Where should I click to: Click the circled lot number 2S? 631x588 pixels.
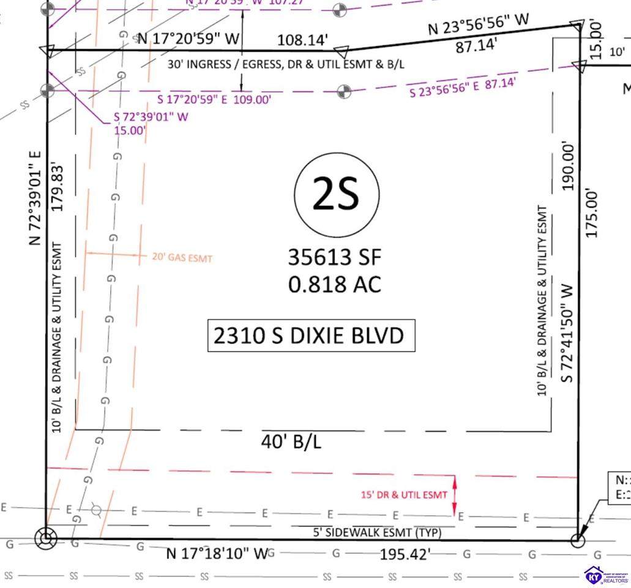coord(335,195)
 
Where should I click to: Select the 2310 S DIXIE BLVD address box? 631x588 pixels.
coord(311,336)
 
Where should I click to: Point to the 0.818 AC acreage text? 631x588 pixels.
coord(335,284)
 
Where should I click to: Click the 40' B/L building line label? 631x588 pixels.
coord(291,442)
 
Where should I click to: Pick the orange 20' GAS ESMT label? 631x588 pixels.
coord(182,258)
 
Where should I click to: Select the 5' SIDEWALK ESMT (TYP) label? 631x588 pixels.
coord(377,533)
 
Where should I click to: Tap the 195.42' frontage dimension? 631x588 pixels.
coord(405,554)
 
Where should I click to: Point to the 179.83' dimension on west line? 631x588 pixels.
coord(58,187)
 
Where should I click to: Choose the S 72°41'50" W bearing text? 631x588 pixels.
coord(567,332)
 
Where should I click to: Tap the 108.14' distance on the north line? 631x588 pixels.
coord(303,40)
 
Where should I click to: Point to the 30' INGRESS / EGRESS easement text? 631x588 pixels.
coord(286,64)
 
